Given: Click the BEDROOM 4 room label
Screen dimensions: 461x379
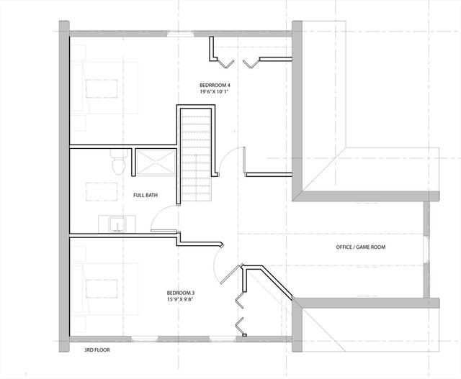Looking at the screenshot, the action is (x=215, y=86).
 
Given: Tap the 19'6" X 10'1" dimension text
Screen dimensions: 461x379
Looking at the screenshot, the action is (x=214, y=91).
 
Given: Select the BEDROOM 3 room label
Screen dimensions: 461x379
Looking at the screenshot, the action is (x=181, y=293).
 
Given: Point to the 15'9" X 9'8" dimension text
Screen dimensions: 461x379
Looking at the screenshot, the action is (x=181, y=299).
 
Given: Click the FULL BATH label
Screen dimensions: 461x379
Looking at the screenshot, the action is (x=146, y=195).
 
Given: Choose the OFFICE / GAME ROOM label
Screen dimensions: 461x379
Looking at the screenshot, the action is (x=361, y=247).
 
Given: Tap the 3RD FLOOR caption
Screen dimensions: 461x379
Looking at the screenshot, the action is (x=97, y=350).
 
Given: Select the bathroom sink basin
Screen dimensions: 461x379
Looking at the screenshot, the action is (x=117, y=224).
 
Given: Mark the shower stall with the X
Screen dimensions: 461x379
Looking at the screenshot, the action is (x=156, y=163).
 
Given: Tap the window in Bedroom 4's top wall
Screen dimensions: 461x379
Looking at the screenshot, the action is (x=181, y=34).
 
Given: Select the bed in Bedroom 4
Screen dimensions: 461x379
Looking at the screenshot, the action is (x=104, y=88).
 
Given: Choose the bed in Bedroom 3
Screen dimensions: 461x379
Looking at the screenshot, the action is (x=104, y=289).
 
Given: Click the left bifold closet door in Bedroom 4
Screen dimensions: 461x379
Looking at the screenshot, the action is (x=225, y=64).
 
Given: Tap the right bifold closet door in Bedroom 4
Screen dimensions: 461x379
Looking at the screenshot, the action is (x=251, y=64).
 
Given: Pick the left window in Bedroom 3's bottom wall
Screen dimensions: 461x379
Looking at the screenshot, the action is (x=144, y=339).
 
